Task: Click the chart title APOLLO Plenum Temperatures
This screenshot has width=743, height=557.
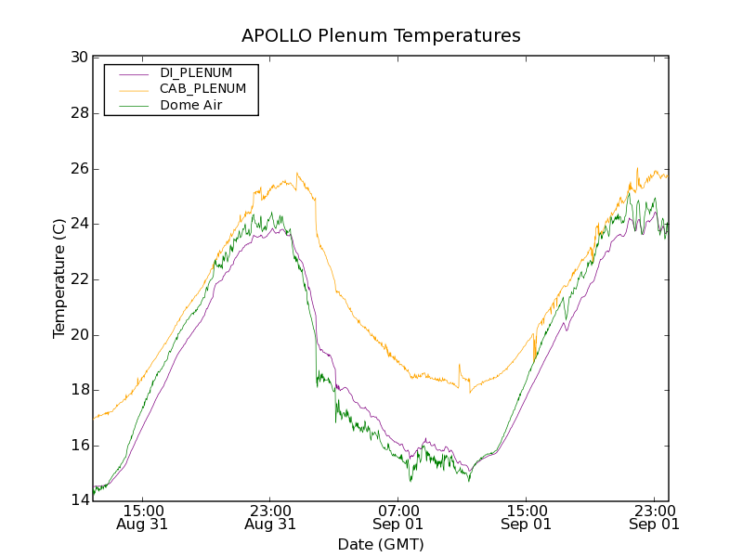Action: click(381, 36)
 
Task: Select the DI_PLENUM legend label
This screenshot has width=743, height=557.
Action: click(202, 72)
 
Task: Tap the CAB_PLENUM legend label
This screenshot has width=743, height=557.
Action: click(202, 89)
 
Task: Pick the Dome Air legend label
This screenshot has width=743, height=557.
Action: click(191, 105)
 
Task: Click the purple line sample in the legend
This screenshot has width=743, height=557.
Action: click(131, 73)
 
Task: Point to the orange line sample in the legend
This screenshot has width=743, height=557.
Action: click(131, 89)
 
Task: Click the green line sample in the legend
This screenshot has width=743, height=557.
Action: click(131, 106)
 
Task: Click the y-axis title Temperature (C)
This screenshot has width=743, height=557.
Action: click(59, 278)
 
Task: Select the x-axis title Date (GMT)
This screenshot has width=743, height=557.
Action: click(381, 544)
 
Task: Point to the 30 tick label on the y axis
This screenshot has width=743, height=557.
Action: click(79, 58)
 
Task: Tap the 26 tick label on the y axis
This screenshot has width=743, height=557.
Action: click(79, 169)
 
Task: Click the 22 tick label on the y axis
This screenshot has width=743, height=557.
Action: click(79, 279)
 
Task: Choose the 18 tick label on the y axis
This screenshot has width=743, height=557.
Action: click(79, 390)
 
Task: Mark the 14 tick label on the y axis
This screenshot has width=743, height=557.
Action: click(79, 501)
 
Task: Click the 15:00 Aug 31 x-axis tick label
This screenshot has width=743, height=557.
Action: click(143, 516)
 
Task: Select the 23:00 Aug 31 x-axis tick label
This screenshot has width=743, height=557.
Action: click(270, 516)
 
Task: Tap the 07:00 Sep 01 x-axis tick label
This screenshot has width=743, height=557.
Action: click(398, 516)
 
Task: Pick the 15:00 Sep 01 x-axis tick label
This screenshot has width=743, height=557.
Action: click(526, 516)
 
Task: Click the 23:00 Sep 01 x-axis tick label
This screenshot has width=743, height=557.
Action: click(654, 516)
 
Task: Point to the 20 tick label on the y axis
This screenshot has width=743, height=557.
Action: click(79, 335)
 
